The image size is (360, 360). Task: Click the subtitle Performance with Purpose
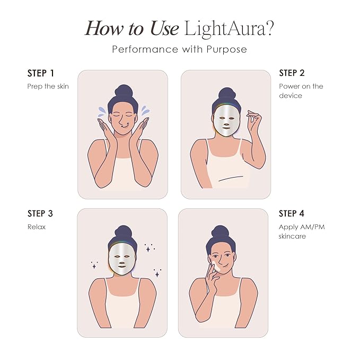click(179, 49)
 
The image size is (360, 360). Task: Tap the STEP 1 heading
click(40, 73)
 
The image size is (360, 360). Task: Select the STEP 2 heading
click(292, 73)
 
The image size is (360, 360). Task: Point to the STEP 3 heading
click(40, 214)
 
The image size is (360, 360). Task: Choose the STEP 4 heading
click(292, 214)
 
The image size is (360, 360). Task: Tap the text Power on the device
click(301, 91)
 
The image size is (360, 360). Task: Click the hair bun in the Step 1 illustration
click(123, 90)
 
